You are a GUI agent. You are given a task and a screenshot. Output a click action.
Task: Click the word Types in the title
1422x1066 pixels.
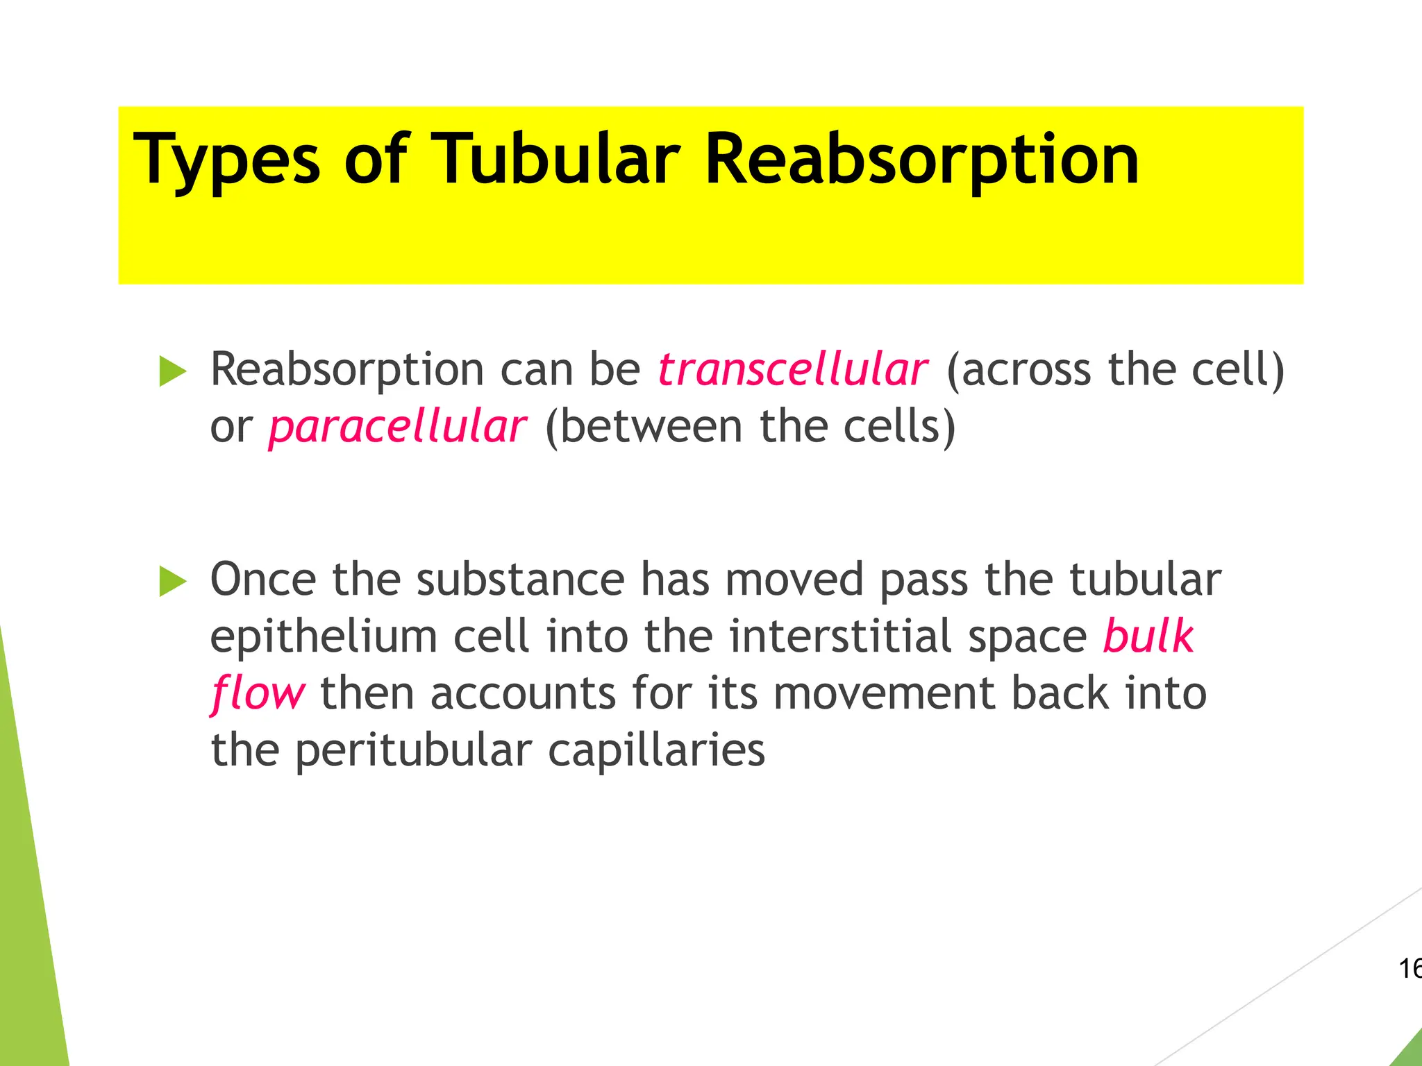[226, 161]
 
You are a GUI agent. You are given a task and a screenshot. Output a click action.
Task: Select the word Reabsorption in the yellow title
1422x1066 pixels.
[921, 161]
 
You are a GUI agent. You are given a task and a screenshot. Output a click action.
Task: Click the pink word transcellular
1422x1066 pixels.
[792, 370]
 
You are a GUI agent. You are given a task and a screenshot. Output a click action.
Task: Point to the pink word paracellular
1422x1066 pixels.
[397, 428]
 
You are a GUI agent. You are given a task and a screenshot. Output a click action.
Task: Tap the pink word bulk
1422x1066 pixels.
[1148, 636]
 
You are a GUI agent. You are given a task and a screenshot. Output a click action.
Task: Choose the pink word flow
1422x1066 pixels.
[258, 694]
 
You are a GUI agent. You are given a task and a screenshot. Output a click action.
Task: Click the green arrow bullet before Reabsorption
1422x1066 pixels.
[173, 371]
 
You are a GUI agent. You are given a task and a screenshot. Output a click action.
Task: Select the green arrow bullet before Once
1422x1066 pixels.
[173, 581]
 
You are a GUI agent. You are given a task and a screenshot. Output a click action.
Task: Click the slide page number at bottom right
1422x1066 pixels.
[1410, 968]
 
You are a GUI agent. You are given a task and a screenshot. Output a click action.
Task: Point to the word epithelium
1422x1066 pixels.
[324, 636]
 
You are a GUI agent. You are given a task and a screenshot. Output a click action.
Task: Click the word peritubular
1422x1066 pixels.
[413, 752]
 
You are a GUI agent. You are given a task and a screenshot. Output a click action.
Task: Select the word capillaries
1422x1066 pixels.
[656, 752]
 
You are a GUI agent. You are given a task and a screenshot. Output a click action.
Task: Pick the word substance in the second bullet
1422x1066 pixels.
[520, 579]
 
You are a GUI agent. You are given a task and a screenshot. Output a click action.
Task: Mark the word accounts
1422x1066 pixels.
[523, 694]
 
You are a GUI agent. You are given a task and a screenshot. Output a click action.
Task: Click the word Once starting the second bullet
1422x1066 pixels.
[263, 579]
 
